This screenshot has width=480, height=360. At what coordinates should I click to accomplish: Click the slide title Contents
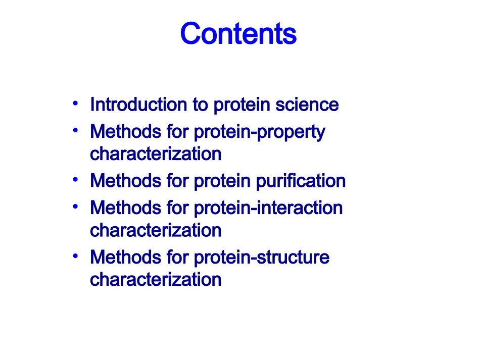pyautogui.click(x=238, y=33)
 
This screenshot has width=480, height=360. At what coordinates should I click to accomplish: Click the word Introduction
pyautogui.click(x=138, y=105)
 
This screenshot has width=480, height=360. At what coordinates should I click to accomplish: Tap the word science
pyautogui.click(x=307, y=105)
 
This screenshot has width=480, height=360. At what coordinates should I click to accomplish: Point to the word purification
pyautogui.click(x=301, y=181)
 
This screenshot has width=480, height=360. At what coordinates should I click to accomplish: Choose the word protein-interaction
pyautogui.click(x=268, y=208)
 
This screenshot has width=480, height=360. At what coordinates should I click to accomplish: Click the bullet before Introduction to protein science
pyautogui.click(x=75, y=104)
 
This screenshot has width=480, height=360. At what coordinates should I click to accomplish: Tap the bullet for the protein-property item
pyautogui.click(x=75, y=131)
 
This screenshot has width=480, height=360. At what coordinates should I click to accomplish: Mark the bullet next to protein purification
pyautogui.click(x=75, y=180)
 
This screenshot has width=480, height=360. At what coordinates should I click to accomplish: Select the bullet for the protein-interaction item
pyautogui.click(x=75, y=207)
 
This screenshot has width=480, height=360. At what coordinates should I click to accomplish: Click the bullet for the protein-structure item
pyautogui.click(x=75, y=256)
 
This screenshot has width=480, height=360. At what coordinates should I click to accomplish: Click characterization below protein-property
pyautogui.click(x=156, y=153)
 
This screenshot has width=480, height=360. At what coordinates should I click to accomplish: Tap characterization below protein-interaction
pyautogui.click(x=156, y=230)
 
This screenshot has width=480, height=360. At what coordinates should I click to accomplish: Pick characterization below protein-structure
pyautogui.click(x=156, y=280)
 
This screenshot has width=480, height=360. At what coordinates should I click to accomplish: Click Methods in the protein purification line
pyautogui.click(x=126, y=180)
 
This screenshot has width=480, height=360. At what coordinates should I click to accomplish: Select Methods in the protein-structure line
pyautogui.click(x=126, y=257)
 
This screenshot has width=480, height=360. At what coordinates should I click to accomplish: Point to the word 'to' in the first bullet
pyautogui.click(x=200, y=105)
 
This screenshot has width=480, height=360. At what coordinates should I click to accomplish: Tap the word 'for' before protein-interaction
pyautogui.click(x=177, y=208)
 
